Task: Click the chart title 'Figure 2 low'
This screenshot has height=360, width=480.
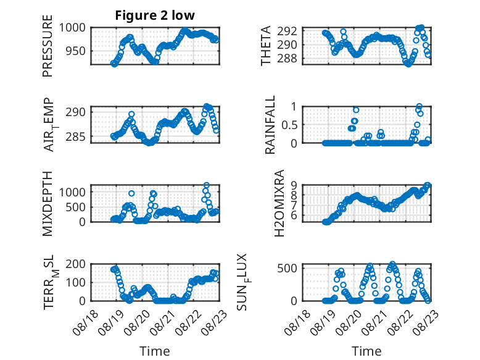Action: coord(155,15)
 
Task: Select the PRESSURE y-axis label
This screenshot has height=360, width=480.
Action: coord(48,46)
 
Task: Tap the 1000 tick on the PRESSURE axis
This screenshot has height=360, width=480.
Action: coord(72,28)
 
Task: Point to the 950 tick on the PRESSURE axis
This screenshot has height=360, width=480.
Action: coord(75,51)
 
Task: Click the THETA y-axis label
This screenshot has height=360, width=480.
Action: coord(266,46)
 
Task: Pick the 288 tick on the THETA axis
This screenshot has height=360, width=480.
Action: coord(287,58)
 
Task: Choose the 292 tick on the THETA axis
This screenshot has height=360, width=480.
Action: coord(287,31)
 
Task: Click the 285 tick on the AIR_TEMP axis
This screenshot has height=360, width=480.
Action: coord(75,136)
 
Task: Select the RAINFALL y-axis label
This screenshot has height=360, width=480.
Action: coord(270,125)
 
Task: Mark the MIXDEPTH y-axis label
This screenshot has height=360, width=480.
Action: coord(48,203)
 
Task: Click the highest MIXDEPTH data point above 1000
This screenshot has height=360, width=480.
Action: coord(207,185)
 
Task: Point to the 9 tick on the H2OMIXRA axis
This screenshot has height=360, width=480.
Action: coord(294,185)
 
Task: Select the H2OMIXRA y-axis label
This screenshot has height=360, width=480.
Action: coord(279,203)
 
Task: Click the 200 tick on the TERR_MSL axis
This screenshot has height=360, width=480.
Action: coord(75,264)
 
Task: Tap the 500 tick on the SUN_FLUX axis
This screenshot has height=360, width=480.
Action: coord(287,269)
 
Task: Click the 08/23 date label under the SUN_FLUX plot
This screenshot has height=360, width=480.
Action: coord(426,322)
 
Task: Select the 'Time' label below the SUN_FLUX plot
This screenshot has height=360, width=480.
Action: coord(366,351)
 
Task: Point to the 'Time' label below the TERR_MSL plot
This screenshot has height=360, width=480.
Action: coord(155,351)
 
